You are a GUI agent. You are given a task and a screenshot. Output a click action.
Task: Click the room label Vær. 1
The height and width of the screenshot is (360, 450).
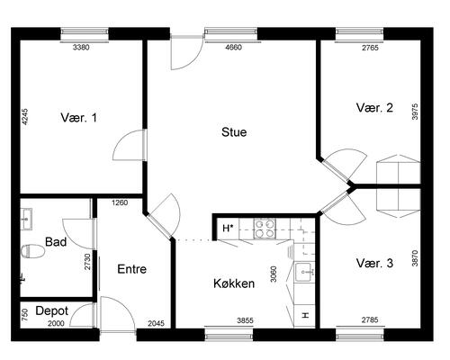pyautogui.click(x=78, y=117)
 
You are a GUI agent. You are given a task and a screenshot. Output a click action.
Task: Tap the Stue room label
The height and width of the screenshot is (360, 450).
pyautogui.click(x=234, y=132)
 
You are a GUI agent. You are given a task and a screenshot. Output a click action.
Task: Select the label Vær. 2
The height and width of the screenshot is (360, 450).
pyautogui.click(x=374, y=108)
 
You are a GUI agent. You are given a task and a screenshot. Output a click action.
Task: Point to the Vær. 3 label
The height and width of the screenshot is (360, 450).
pyautogui.click(x=374, y=264)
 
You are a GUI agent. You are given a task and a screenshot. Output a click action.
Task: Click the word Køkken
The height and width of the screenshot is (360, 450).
pyautogui.click(x=233, y=283)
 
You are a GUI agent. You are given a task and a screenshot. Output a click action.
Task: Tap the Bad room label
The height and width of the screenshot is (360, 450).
pyautogui.click(x=56, y=242)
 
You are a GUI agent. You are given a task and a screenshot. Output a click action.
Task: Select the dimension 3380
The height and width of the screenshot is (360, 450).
pyautogui.click(x=83, y=46)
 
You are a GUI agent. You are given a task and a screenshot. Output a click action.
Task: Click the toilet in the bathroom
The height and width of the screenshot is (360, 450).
pyautogui.click(x=27, y=249)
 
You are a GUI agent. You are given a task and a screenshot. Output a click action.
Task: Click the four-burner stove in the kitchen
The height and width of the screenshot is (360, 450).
pyautogui.click(x=265, y=229)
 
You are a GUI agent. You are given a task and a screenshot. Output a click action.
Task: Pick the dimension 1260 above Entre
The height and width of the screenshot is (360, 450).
pyautogui.click(x=120, y=202)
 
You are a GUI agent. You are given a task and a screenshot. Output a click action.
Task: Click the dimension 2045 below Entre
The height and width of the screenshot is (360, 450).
pyautogui.click(x=156, y=323)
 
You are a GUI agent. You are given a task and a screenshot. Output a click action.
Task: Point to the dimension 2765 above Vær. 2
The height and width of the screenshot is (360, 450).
pyautogui.click(x=370, y=46)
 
